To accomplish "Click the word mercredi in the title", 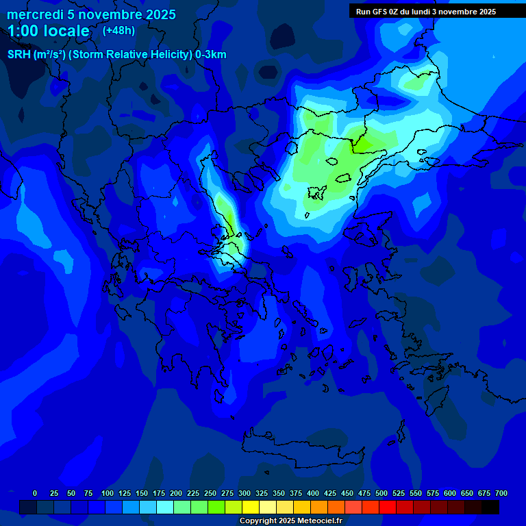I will click(x=35, y=14).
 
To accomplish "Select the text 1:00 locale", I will click(x=49, y=31).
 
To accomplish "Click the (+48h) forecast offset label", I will click(x=118, y=30).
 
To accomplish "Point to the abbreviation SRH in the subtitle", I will click(x=18, y=55).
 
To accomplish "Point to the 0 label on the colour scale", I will click(x=35, y=493).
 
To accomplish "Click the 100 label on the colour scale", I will click(x=107, y=493).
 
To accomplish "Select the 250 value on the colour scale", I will click(x=210, y=493).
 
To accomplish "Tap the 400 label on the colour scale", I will click(x=313, y=493).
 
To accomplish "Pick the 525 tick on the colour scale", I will click(x=399, y=493).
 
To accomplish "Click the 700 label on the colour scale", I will click(x=501, y=493).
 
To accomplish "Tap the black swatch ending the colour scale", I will click(x=490, y=507).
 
